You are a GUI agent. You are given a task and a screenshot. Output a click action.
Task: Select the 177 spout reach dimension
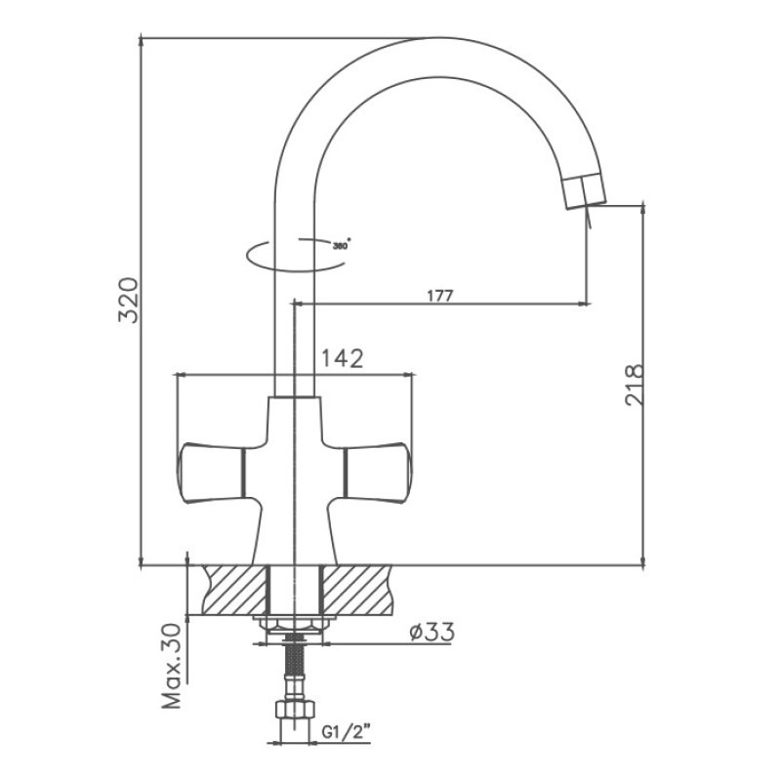[x=438, y=296]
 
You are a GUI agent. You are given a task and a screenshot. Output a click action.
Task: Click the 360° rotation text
[x=341, y=246]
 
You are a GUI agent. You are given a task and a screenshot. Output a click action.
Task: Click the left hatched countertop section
[x=234, y=591]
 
